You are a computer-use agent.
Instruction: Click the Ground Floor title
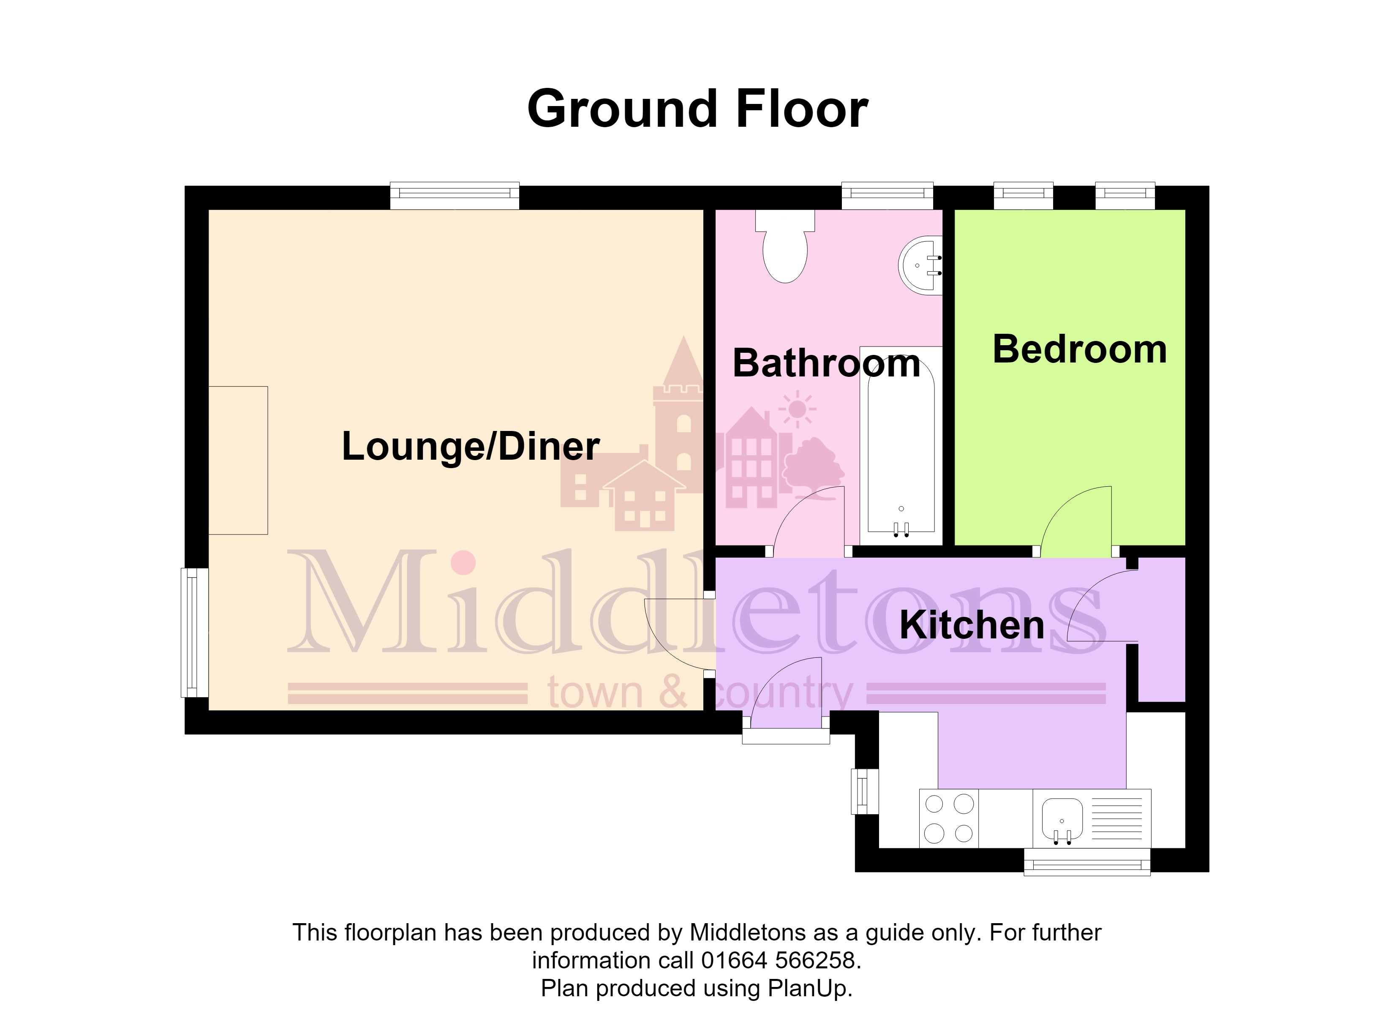click(697, 109)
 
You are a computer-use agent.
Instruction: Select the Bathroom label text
click(827, 363)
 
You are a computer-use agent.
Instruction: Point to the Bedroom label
click(1079, 349)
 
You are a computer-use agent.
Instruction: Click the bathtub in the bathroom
click(901, 446)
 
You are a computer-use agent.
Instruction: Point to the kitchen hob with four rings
click(949, 818)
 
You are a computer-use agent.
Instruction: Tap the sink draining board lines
click(1117, 818)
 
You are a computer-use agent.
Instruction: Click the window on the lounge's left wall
click(194, 633)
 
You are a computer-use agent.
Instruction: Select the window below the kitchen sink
click(1086, 861)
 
